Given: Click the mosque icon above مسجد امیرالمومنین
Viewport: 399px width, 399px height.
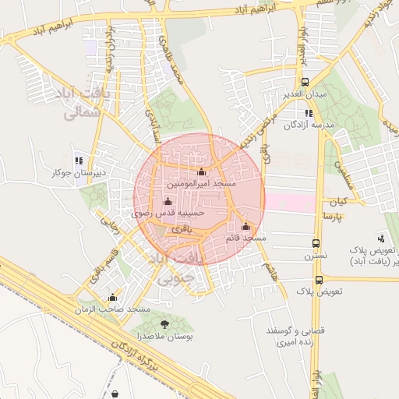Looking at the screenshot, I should pyautogui.click(x=202, y=172).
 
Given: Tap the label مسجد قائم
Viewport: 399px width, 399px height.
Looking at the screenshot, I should pyautogui.click(x=245, y=237).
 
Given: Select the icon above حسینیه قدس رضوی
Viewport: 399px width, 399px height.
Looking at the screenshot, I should pyautogui.click(x=168, y=201).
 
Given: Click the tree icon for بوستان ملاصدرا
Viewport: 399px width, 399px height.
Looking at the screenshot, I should pyautogui.click(x=164, y=322).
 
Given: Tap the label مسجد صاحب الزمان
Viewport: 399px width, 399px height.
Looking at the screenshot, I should pyautogui.click(x=118, y=309).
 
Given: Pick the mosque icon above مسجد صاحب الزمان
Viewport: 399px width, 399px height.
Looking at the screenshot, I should pyautogui.click(x=113, y=297).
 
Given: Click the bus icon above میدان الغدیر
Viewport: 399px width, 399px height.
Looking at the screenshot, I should pyautogui.click(x=304, y=82).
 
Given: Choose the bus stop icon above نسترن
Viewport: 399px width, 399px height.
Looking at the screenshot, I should pyautogui.click(x=316, y=243).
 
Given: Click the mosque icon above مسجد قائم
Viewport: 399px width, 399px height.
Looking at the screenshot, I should pyautogui.click(x=246, y=225).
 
